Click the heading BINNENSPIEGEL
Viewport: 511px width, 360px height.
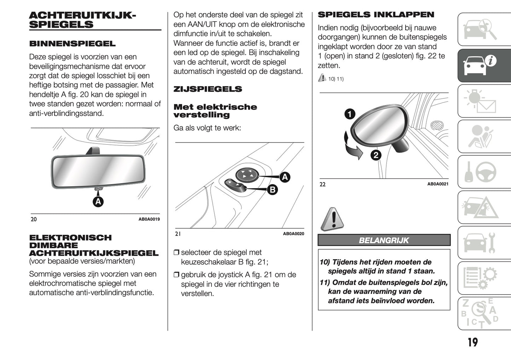(72, 44)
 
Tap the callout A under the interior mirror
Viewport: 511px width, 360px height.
(98, 202)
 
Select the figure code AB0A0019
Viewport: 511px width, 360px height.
(149, 219)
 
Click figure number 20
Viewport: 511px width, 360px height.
(34, 219)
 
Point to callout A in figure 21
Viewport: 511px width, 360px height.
(285, 177)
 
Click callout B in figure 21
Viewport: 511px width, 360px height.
(272, 190)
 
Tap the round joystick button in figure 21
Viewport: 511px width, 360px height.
(247, 174)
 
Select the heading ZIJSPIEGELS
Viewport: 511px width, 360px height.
(208, 89)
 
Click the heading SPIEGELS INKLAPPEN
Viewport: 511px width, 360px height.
(376, 15)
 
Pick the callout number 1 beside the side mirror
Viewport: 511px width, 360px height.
(350, 114)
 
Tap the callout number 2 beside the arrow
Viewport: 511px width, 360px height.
(376, 155)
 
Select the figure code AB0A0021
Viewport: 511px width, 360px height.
(437, 184)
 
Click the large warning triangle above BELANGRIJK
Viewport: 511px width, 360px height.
(332, 219)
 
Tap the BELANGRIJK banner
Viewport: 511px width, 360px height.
(384, 240)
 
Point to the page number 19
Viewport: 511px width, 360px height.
(472, 342)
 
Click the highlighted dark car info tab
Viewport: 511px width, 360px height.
(484, 66)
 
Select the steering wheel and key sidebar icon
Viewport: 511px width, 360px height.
(484, 172)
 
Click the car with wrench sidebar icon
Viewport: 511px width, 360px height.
(484, 243)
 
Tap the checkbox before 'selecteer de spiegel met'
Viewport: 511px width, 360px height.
(176, 253)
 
